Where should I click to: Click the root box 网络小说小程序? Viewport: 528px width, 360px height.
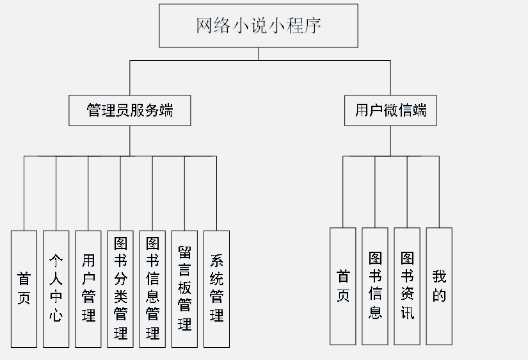coord(259,26)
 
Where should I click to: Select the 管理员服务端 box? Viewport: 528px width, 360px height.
coord(130,111)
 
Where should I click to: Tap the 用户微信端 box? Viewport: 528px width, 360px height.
coord(390,111)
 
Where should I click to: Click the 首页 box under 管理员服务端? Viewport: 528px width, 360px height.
coord(24,289)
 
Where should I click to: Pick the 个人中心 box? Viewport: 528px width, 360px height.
coord(56,289)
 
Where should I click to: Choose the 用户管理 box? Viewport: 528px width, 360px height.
coord(88,289)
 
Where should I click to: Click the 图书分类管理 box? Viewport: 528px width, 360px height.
coord(120,289)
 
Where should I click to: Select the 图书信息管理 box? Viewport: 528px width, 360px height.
coord(152,289)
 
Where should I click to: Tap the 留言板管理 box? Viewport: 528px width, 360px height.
coord(184,289)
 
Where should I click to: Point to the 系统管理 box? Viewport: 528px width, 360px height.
coord(216,289)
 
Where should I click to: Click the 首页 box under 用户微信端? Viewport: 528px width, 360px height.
coord(343,286)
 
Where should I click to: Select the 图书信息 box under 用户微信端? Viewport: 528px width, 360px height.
coord(375,286)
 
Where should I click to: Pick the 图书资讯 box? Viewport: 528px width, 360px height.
coord(407,286)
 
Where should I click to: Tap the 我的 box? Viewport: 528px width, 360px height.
coord(439,286)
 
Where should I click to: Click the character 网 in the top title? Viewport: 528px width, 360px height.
coord(204,26)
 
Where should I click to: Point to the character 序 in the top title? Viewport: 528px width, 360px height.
coord(313,26)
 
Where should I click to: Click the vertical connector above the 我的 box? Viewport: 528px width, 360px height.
coord(439,192)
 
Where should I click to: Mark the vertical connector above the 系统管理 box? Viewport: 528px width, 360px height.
coord(216,193)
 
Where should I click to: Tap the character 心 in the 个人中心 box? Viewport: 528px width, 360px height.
coord(56,315)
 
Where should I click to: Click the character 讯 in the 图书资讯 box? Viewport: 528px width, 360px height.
coord(407,312)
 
